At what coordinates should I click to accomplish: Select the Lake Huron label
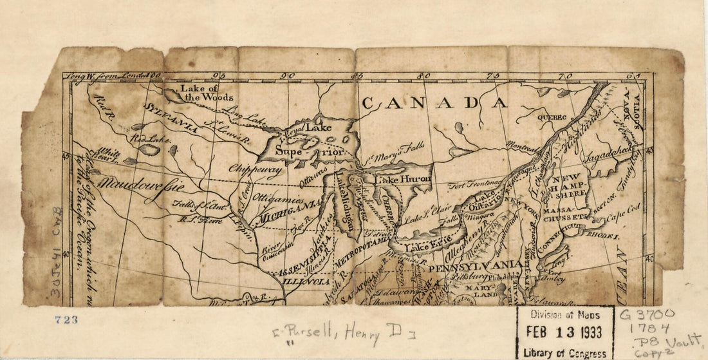(x=403, y=180)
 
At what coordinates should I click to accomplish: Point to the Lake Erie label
(x=425, y=245)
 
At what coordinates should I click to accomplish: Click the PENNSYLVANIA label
(x=475, y=265)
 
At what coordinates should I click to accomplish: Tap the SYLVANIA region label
(x=171, y=116)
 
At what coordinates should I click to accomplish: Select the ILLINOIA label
(x=306, y=281)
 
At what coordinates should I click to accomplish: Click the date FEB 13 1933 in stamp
(x=564, y=332)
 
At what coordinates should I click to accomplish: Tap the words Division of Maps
(x=564, y=315)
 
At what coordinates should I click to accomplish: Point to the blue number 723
(x=66, y=319)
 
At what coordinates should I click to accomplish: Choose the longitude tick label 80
(x=424, y=76)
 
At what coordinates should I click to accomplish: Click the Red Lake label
(x=147, y=138)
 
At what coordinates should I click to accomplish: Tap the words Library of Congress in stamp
(x=564, y=352)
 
